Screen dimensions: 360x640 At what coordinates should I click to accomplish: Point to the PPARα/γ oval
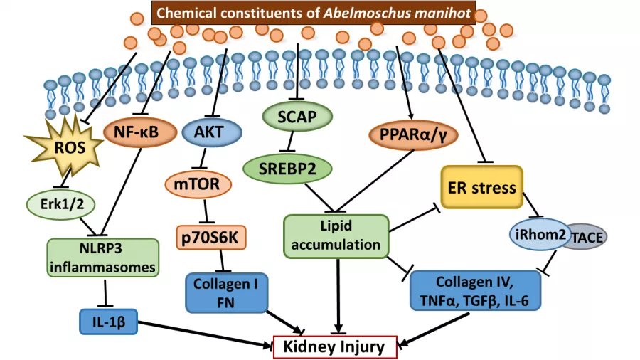click(413, 134)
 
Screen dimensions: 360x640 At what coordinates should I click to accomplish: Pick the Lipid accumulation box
click(336, 235)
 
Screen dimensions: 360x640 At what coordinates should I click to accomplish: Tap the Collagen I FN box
click(226, 293)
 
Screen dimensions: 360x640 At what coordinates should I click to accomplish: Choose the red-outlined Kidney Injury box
click(335, 346)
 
